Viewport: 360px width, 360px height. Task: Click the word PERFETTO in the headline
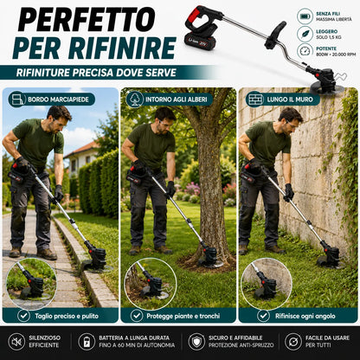click(87, 19)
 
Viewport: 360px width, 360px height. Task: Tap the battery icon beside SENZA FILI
click(305, 16)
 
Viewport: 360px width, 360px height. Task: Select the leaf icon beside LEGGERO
click(305, 34)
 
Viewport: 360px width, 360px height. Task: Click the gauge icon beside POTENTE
click(305, 51)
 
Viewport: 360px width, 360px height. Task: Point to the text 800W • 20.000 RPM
click(336, 55)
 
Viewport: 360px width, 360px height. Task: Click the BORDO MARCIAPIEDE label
click(58, 100)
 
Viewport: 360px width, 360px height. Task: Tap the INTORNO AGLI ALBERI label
click(177, 100)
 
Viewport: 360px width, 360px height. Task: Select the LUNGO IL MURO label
click(290, 100)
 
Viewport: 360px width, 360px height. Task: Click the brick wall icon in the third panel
click(255, 100)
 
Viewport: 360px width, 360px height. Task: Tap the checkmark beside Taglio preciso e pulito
click(23, 316)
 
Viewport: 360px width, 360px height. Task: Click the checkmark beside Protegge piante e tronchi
click(137, 316)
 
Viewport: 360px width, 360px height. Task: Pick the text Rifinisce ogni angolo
click(305, 316)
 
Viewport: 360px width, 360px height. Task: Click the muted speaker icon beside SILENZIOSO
click(16, 342)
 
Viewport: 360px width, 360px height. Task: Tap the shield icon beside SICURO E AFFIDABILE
click(196, 342)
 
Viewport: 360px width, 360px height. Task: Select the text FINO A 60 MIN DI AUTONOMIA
click(137, 345)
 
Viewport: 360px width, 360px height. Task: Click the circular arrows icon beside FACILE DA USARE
click(293, 342)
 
